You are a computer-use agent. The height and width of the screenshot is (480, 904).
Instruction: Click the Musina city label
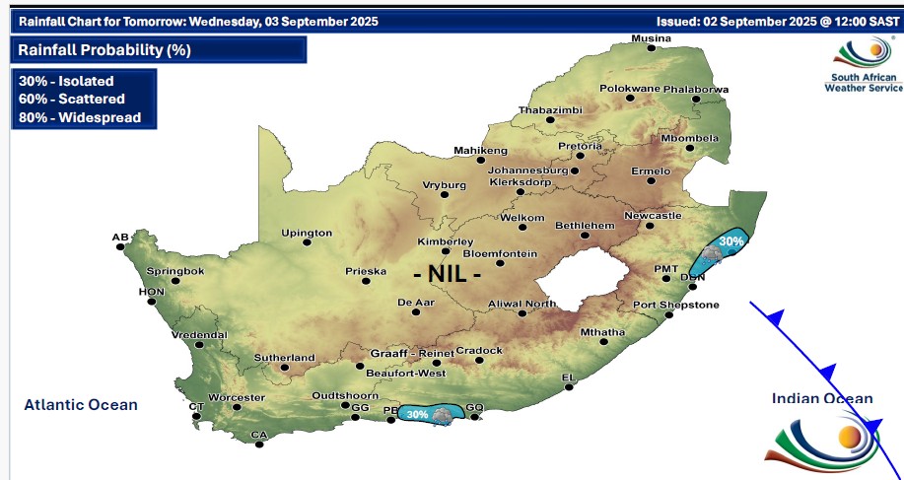(651, 38)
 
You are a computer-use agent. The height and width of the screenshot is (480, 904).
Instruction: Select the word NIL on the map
(448, 273)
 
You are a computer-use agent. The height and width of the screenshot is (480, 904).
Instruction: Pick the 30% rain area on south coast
(428, 415)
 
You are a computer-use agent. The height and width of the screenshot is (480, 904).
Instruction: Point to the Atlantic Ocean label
(81, 404)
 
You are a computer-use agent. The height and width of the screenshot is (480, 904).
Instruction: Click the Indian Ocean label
(822, 398)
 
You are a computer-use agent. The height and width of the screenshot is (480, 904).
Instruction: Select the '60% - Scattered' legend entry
(71, 100)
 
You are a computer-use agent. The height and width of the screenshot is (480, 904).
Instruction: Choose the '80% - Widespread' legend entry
(79, 117)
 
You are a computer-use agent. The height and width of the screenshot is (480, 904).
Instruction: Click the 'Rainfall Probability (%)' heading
(104, 49)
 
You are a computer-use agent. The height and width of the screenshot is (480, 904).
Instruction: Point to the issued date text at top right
(776, 21)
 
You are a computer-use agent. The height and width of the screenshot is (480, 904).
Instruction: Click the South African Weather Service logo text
(863, 83)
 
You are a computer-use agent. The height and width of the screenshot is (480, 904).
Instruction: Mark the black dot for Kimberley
(446, 251)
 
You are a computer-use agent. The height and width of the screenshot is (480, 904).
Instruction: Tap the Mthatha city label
(602, 332)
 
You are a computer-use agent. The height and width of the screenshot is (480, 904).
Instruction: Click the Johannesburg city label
(528, 170)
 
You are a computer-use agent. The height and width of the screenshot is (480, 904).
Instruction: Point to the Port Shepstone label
(675, 306)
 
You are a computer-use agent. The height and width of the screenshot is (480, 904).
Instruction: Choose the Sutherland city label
(285, 358)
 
